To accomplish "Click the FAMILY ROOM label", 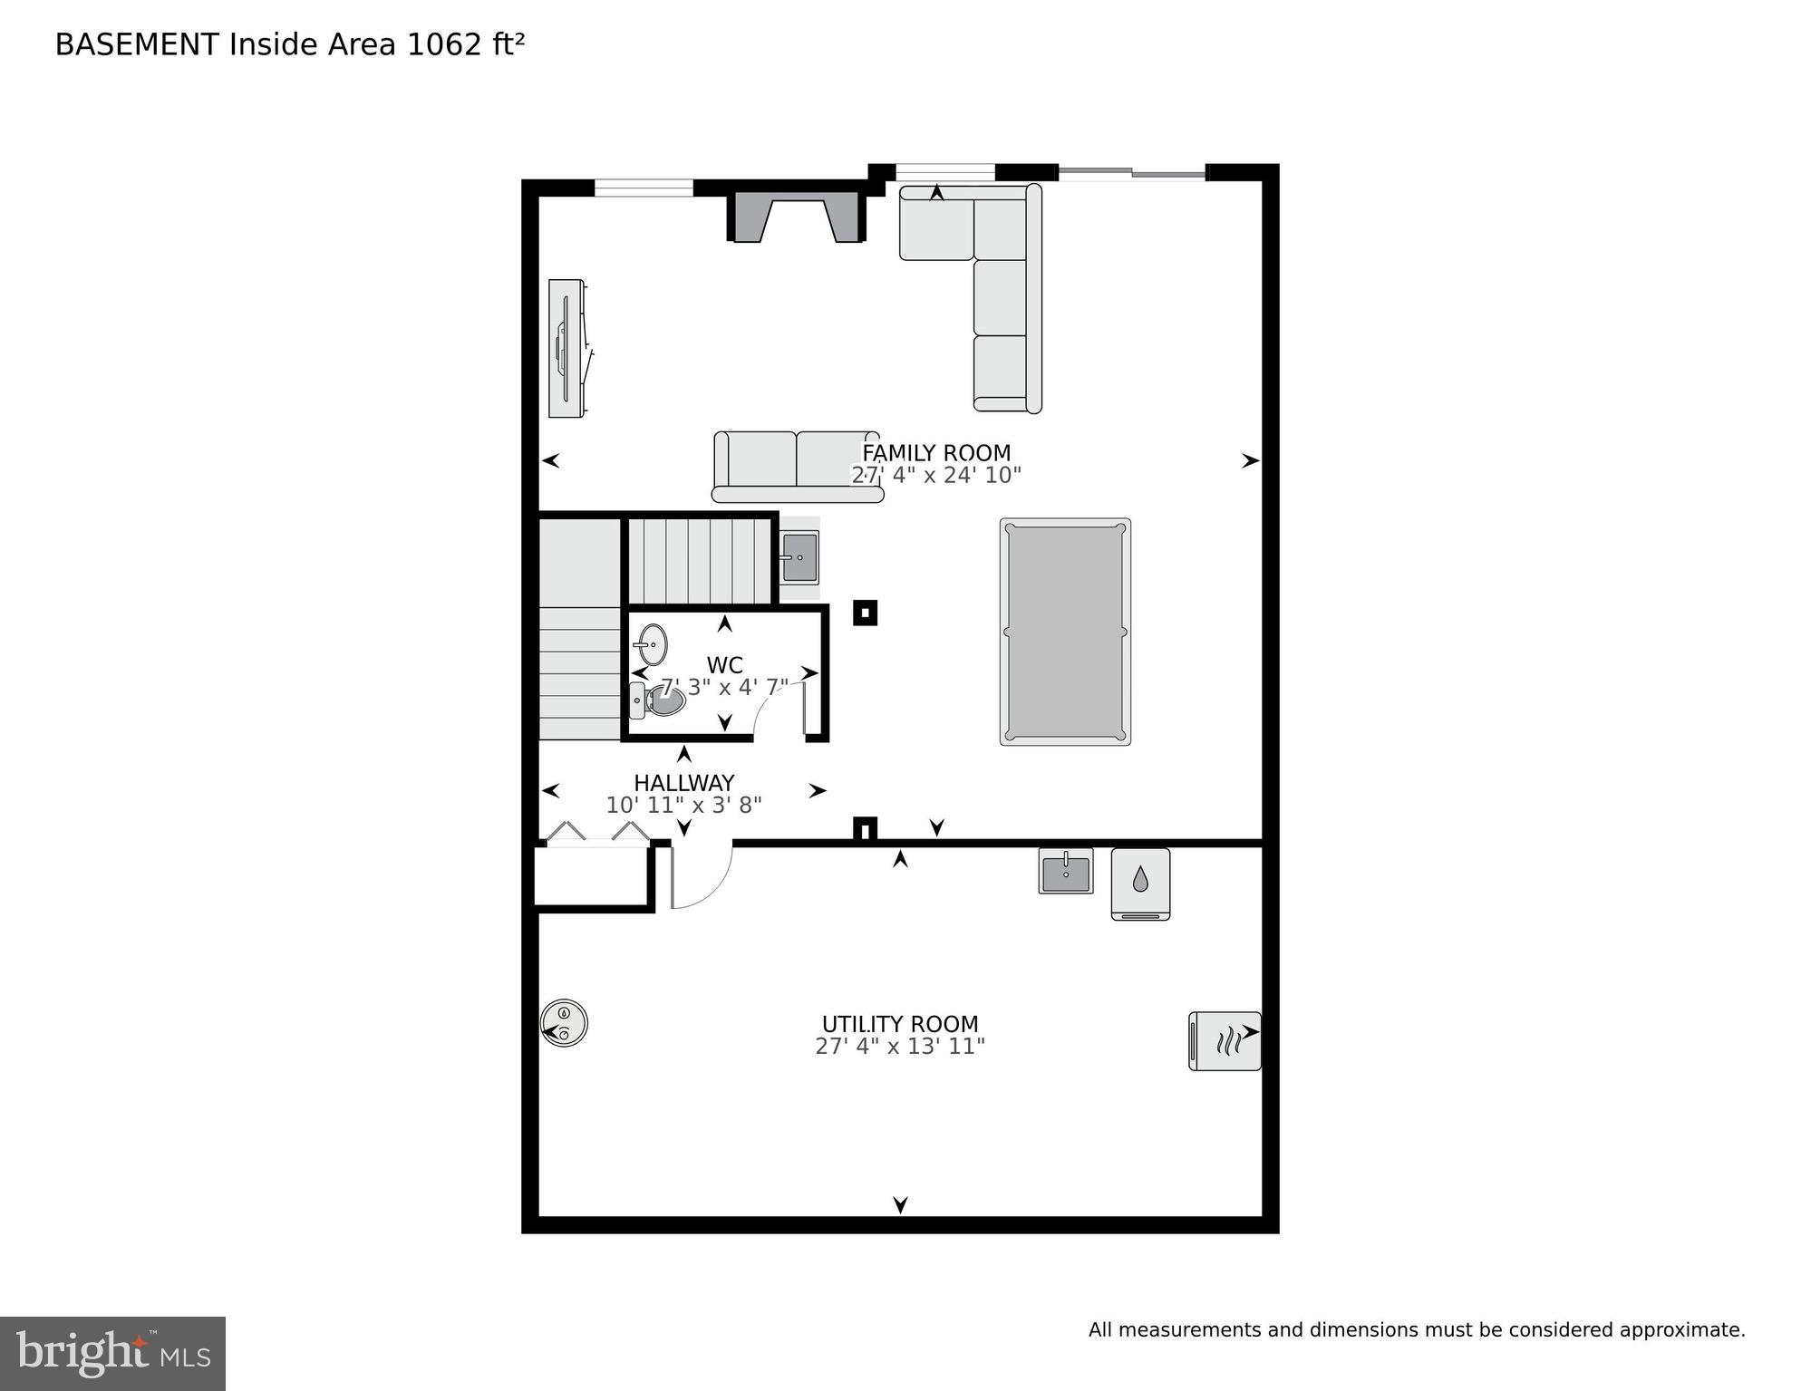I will point(935,453).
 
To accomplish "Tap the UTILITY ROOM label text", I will point(899,1024).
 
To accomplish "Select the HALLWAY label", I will point(683,783).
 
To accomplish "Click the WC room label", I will point(724,666).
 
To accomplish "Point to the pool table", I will point(1065,632).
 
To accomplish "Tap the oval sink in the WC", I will point(652,644).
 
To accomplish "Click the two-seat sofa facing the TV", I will point(797,466).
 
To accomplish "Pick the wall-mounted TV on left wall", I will point(566,349).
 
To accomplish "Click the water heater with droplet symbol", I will point(1140,884).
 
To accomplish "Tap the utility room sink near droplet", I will point(1066,872).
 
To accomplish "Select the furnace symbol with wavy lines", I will point(1224,1041).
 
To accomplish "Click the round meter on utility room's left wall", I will point(565,1023).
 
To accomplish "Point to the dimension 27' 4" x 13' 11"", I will point(899,1047).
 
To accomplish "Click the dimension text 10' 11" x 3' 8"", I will point(683,805).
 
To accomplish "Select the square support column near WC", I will point(865,613).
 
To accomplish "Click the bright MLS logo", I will point(112,1353).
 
